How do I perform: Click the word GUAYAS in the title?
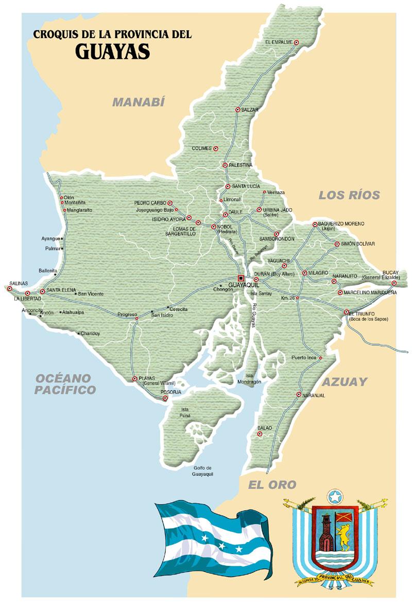pos(113,51)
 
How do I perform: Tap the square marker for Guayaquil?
pos(241,279)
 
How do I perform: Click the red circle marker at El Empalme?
pos(297,42)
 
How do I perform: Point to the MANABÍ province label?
pos(139,102)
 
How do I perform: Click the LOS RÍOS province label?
pos(349,195)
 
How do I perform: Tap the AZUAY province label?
pos(345,381)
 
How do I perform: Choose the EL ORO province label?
pos(272,484)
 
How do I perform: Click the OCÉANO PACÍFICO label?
pos(65,384)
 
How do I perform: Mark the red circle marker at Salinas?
pos(9,288)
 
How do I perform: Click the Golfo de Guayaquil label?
pos(202,471)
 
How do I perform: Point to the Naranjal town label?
pos(314,395)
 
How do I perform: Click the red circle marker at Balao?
pos(260,434)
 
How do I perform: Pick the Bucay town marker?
pos(394,283)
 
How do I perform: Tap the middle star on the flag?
pos(221,545)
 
